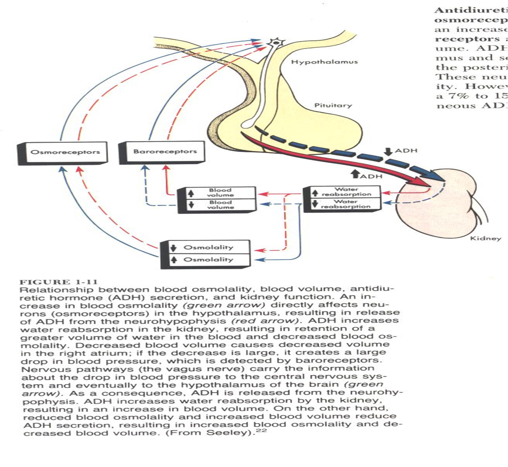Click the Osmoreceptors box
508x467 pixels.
coord(65,152)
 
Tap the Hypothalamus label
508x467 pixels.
coord(324,62)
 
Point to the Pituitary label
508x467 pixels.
coord(333,106)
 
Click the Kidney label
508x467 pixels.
coord(485,239)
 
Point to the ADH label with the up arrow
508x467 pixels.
coord(370,176)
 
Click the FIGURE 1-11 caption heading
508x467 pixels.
coord(59,282)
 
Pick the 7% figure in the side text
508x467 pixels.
coord(455,96)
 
